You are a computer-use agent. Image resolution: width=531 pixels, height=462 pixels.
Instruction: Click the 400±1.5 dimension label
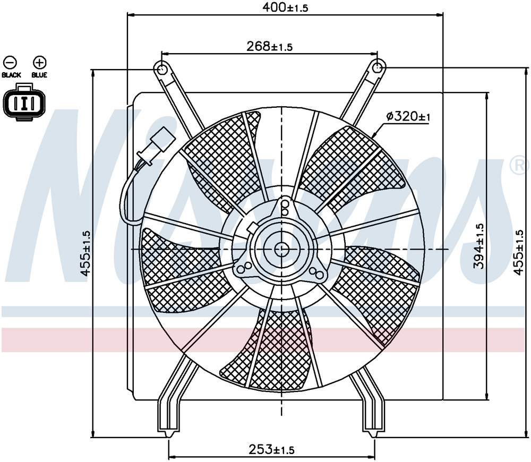286,7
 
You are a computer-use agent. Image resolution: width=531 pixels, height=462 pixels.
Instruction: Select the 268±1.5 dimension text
270,47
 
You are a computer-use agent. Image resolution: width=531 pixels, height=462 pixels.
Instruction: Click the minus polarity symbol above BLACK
11,62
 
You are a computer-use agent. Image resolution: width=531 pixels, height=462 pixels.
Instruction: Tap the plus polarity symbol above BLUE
39,62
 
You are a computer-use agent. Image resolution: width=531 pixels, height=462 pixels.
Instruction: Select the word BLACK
11,75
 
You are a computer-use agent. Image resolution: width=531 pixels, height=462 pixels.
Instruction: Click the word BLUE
39,75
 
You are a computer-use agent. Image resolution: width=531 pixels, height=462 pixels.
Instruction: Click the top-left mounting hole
161,69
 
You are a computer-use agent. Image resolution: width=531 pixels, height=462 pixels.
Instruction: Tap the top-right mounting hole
378,67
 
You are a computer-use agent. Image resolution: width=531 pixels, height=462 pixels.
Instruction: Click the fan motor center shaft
281,249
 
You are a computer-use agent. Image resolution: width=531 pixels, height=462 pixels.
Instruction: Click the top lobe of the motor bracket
285,207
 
